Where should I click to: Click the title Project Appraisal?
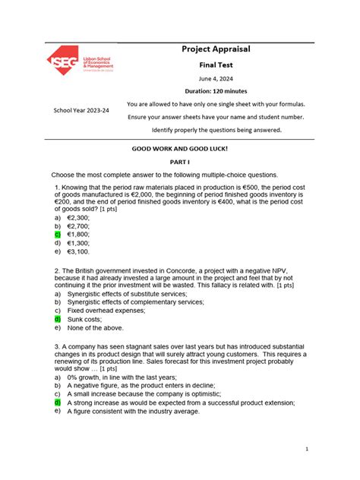pyautogui.click(x=216, y=49)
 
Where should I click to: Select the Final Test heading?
pyautogui.click(x=216, y=66)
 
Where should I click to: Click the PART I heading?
pyautogui.click(x=180, y=163)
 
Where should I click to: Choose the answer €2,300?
pyautogui.click(x=78, y=216)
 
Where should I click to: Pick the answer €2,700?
pyautogui.click(x=78, y=226)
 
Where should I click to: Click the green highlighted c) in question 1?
pyautogui.click(x=57, y=234)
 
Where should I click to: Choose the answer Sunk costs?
pyautogui.click(x=86, y=319)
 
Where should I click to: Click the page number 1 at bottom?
pyautogui.click(x=306, y=450)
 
